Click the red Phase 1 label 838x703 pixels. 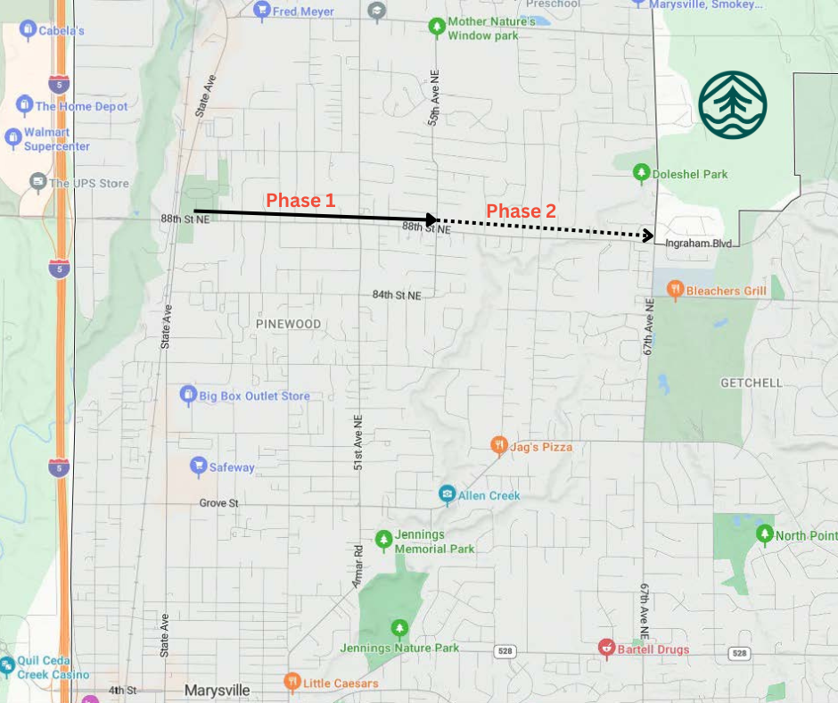click(x=300, y=201)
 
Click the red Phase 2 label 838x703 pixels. click(x=521, y=211)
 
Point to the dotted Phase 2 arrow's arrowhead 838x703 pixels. click(x=649, y=236)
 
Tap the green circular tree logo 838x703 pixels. click(x=733, y=105)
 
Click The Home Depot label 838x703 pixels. click(x=81, y=106)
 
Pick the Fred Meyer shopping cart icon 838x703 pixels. click(x=261, y=11)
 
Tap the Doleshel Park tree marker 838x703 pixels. click(x=640, y=172)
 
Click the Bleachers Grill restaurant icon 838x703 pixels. click(x=675, y=289)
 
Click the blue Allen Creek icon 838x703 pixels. click(x=447, y=494)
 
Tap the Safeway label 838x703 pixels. click(x=232, y=467)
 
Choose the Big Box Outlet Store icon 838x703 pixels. click(x=187, y=394)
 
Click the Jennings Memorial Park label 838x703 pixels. click(x=435, y=542)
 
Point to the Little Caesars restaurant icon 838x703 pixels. click(x=292, y=682)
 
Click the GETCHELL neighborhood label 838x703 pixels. click(x=751, y=383)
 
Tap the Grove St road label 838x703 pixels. click(x=218, y=503)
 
